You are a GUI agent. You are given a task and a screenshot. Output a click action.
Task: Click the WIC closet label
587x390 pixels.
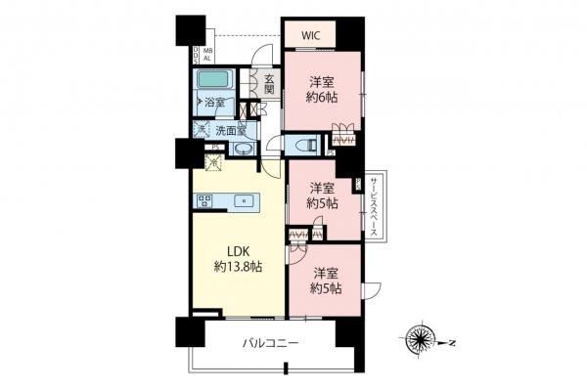coord(310,35)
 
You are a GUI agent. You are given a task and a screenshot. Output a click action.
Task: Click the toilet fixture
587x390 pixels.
coord(304,144)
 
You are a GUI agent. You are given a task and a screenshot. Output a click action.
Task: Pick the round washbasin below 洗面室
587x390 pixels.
coord(242,150)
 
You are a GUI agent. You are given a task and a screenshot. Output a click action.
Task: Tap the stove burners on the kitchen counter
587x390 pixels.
coord(205,201)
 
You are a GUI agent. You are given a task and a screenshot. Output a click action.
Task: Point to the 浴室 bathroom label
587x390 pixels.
coord(214,102)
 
